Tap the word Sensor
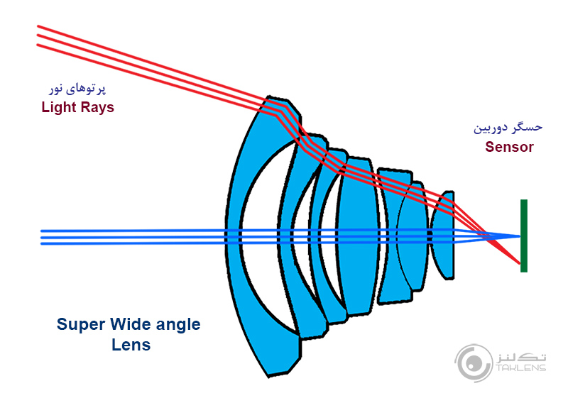coord(509,148)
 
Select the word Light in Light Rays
coord(58,108)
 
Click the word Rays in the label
coord(96,108)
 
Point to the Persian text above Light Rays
coord(77,89)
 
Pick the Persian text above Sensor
coord(508,128)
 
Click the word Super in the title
coord(80,325)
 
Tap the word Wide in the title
coord(128,325)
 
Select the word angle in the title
coord(177,326)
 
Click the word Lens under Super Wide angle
coord(131,346)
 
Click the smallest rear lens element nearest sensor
coord(443,234)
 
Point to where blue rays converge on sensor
coord(520,236)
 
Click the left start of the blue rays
coord(43,237)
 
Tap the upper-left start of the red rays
coord(39,35)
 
